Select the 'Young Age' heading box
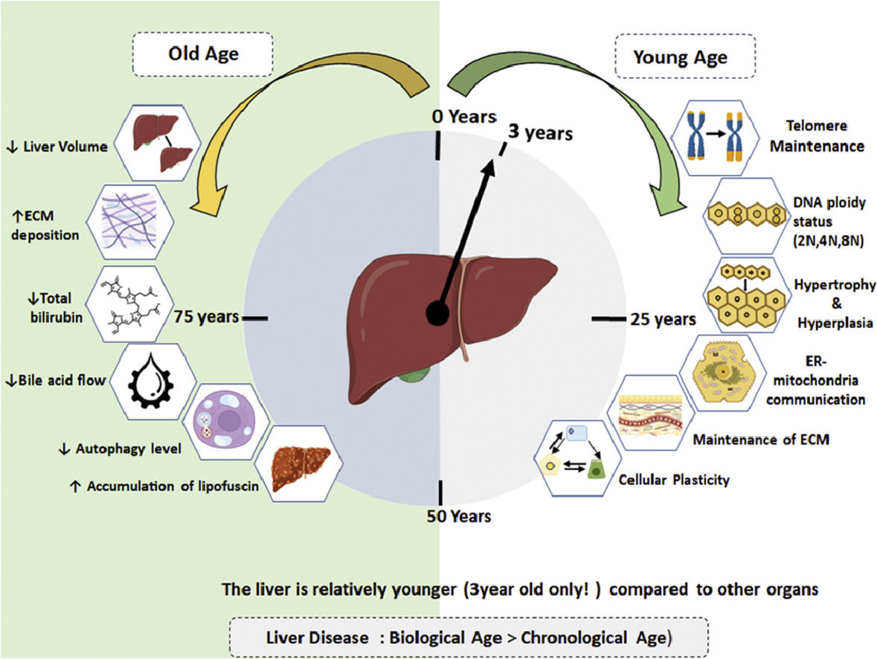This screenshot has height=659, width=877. (680, 57)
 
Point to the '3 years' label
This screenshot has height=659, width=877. (540, 134)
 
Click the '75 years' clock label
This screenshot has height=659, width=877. (206, 316)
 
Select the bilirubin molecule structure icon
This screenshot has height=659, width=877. (129, 305)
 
